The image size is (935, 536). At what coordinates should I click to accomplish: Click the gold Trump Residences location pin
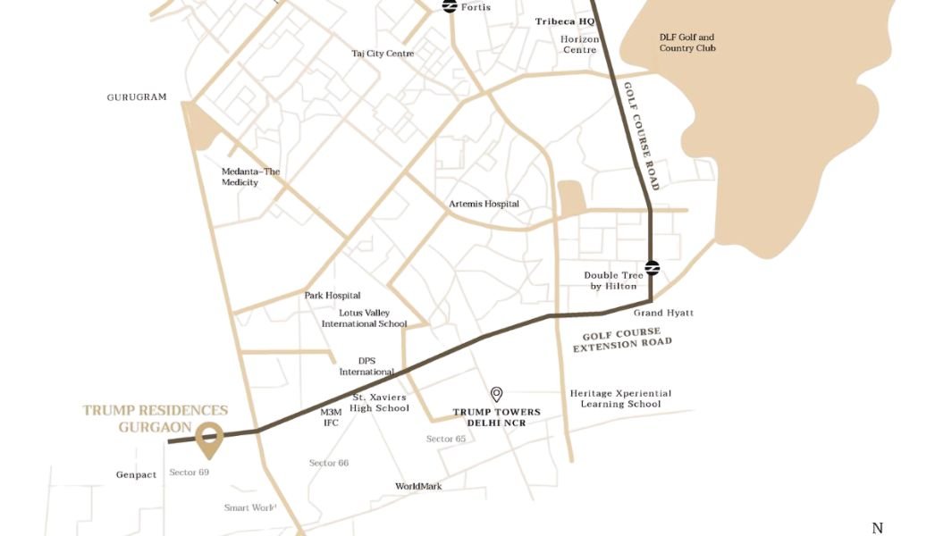(209, 436)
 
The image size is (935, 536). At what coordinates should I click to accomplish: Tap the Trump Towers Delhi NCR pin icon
(497, 394)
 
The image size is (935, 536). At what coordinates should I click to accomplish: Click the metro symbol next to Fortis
(451, 6)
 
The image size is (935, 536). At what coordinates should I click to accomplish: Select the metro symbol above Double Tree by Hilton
(652, 266)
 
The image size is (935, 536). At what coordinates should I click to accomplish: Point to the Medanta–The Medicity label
(250, 177)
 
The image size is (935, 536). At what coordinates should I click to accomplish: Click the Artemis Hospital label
(484, 204)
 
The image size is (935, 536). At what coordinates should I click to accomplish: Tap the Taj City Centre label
(383, 54)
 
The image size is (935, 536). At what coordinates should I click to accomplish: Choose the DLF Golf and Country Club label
(687, 43)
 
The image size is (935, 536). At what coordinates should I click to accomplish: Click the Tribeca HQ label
(565, 21)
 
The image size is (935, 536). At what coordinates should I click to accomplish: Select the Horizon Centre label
(579, 45)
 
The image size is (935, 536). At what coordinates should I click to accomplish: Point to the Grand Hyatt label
(663, 313)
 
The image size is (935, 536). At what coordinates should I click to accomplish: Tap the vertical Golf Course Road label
(640, 135)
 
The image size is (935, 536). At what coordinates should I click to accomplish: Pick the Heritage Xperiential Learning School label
(620, 398)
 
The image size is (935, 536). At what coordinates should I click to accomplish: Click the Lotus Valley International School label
(364, 318)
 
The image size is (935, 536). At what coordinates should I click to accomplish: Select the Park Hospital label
(332, 295)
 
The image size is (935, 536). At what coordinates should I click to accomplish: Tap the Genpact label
(136, 474)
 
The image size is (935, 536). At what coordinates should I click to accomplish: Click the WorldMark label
(418, 486)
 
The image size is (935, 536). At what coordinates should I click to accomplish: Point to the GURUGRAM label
(137, 97)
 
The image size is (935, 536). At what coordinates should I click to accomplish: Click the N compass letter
(877, 529)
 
